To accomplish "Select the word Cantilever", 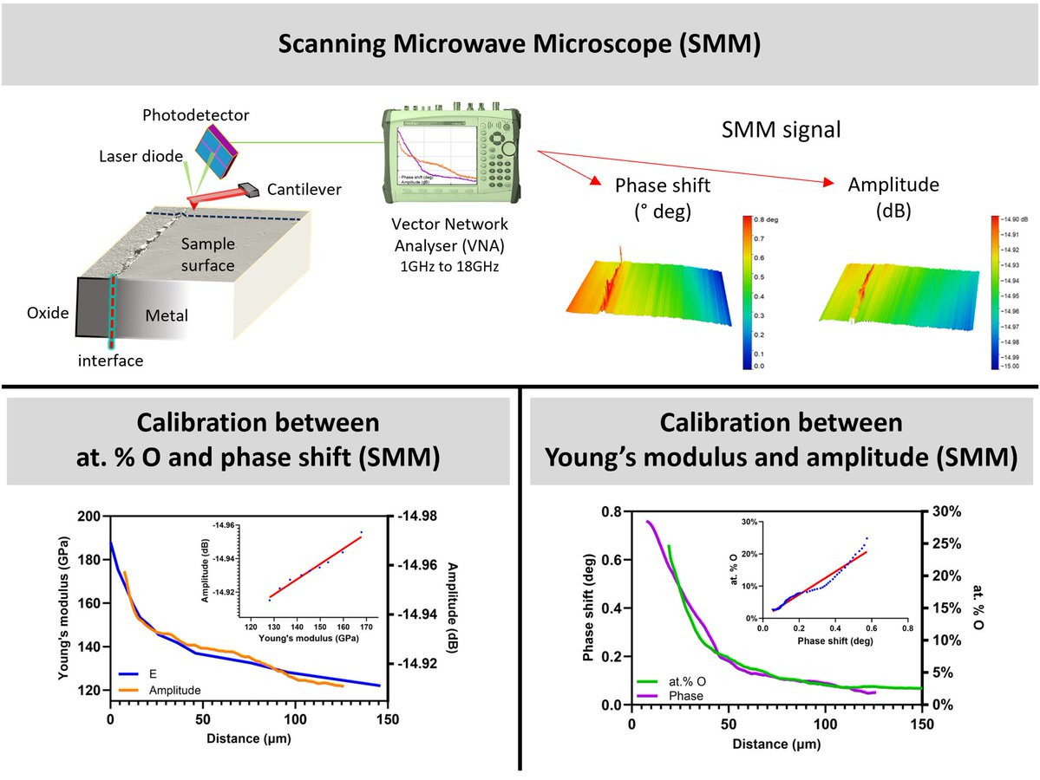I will (x=304, y=189).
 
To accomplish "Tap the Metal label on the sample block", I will (x=167, y=315).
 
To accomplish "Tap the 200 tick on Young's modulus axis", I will (x=89, y=517).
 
